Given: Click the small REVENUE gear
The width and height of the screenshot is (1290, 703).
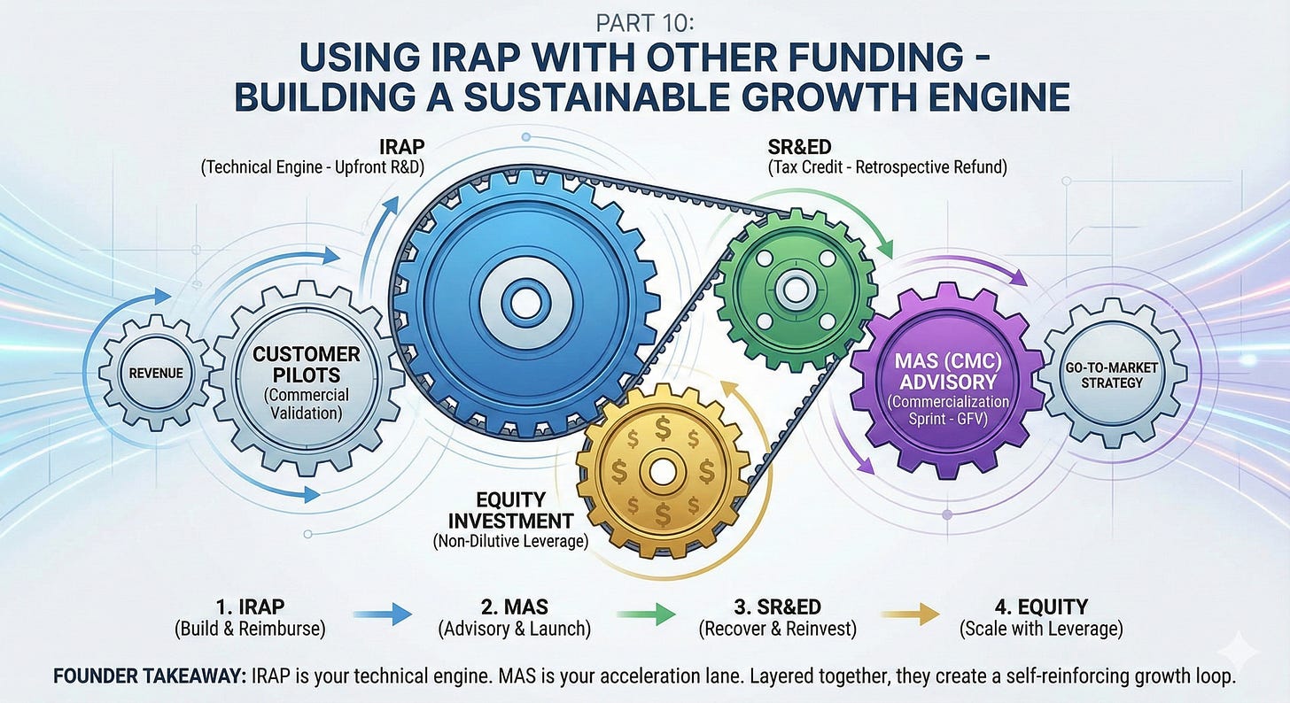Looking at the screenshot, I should (x=156, y=373).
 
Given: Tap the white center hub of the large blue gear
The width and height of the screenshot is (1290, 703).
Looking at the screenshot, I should (x=525, y=302).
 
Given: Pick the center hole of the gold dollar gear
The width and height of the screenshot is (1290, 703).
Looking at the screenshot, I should (x=662, y=470).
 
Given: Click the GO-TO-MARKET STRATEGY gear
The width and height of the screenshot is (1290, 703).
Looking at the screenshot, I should (x=1111, y=374).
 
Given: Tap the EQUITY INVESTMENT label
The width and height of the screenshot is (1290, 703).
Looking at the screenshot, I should (x=511, y=510).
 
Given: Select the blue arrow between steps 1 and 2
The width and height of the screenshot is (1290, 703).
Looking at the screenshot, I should (x=383, y=614).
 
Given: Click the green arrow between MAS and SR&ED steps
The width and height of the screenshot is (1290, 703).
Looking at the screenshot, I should (x=647, y=614).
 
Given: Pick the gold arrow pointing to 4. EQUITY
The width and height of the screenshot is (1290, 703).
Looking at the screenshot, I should (x=910, y=614).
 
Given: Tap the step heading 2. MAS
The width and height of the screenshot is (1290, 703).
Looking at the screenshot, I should (x=515, y=606).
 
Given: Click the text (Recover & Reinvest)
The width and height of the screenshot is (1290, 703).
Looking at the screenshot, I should (x=777, y=630).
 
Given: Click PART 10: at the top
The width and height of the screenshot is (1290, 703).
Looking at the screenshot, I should (x=644, y=21).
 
